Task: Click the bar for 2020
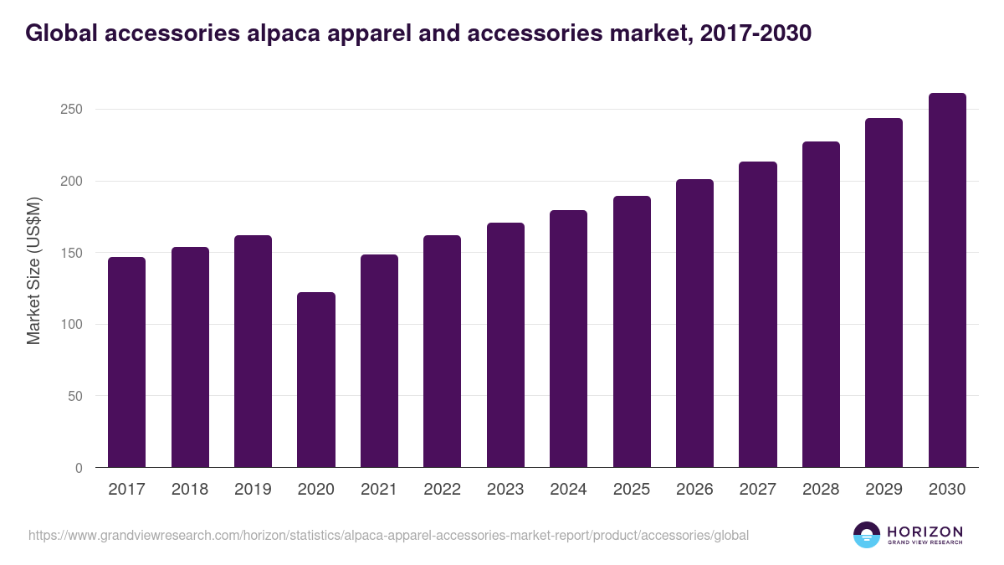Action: click(x=316, y=380)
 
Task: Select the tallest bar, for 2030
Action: click(x=947, y=280)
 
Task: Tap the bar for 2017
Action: click(x=126, y=362)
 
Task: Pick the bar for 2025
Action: click(x=632, y=332)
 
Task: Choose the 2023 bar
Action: click(x=505, y=345)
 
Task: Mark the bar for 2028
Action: click(x=821, y=305)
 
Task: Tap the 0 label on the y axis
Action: click(x=79, y=468)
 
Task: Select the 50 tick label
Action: click(x=75, y=396)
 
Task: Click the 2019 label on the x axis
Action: click(x=253, y=490)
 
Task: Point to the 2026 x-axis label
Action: click(x=694, y=490)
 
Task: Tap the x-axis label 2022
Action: click(x=442, y=490)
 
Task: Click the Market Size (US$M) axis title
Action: click(x=33, y=270)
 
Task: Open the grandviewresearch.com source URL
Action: click(x=388, y=535)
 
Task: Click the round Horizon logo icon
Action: click(x=867, y=535)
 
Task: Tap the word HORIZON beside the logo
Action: click(x=925, y=532)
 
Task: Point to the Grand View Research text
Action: click(x=925, y=543)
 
